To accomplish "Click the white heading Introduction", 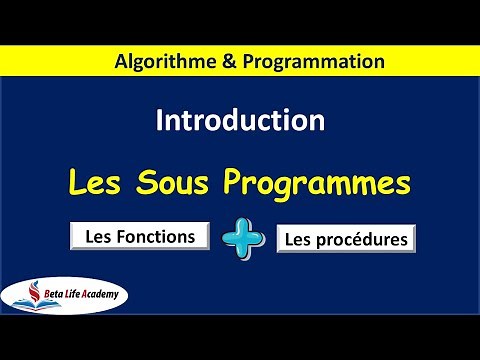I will click(240, 121).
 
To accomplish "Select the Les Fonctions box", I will click(140, 236).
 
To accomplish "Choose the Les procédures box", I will click(345, 240).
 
